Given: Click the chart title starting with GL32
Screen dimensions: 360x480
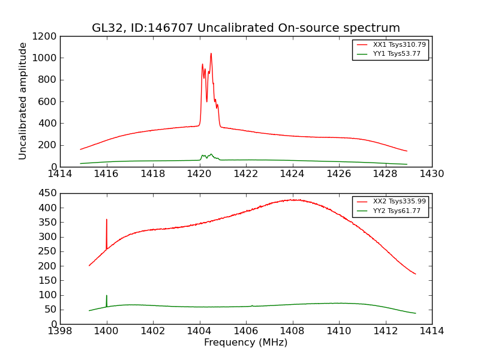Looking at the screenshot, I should click(245, 28).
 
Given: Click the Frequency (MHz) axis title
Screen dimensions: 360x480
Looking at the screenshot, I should click(245, 343).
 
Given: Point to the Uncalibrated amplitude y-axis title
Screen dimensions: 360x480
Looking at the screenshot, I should click(23, 101).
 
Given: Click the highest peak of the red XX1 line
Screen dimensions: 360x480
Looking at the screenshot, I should click(211, 53).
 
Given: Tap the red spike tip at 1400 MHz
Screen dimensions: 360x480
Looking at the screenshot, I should click(107, 220).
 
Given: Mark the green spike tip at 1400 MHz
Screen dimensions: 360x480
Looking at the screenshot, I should click(107, 295).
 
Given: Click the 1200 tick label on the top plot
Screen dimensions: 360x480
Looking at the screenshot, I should click(45, 36).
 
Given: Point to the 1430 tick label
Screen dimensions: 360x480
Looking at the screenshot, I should click(431, 174).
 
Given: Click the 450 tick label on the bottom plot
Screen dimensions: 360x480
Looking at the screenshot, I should click(48, 193).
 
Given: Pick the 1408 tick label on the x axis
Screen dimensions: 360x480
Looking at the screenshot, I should click(292, 331).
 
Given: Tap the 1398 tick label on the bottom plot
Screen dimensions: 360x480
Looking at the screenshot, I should click(60, 331).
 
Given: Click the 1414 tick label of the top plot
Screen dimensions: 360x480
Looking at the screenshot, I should click(60, 174).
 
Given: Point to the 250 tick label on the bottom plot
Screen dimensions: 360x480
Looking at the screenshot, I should click(48, 251).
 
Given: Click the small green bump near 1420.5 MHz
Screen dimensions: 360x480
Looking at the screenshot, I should click(211, 154).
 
